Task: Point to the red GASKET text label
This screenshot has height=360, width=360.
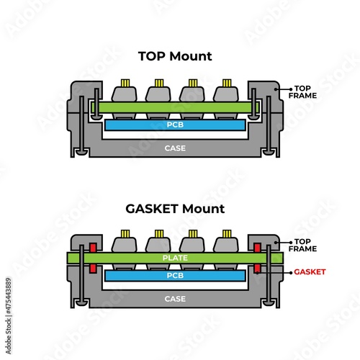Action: [x=310, y=271]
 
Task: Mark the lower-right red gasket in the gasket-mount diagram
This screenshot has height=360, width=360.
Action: [x=257, y=269]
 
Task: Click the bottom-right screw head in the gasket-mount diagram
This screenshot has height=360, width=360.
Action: [x=269, y=304]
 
